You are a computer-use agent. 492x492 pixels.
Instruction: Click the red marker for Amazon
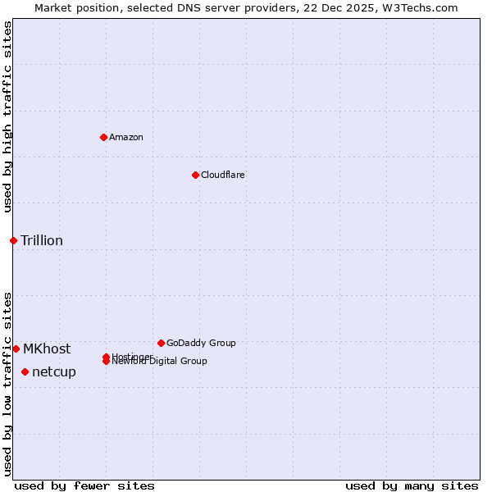[x=103, y=137]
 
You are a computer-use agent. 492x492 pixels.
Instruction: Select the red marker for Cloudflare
[x=195, y=175]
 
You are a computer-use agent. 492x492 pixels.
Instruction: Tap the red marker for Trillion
[x=13, y=240]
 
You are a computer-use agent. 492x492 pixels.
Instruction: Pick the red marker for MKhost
[x=16, y=348]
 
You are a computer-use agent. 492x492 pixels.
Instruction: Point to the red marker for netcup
[x=25, y=371]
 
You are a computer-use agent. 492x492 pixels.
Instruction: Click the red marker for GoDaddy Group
[x=161, y=343]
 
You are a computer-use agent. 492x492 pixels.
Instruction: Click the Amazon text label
[x=126, y=137]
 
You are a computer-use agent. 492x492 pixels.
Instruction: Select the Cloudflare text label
[x=222, y=175]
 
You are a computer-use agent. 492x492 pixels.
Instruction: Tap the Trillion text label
[x=42, y=240]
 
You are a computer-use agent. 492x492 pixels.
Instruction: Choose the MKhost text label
[x=47, y=348]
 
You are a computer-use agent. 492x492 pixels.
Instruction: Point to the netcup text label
[x=54, y=371]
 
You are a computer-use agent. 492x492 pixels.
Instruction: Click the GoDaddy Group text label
[x=201, y=343]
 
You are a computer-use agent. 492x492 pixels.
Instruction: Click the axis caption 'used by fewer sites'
[x=84, y=485]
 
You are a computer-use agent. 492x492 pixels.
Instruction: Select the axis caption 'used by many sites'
[x=412, y=485]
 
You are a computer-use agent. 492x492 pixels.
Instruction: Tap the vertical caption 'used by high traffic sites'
[x=7, y=116]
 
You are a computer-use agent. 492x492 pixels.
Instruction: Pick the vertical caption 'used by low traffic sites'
[x=7, y=383]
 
